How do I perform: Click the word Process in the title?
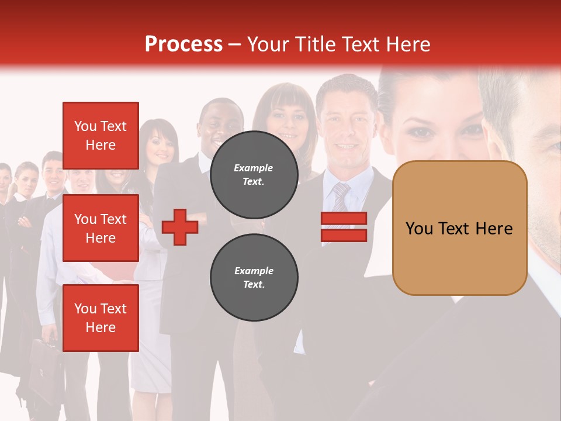[183, 44]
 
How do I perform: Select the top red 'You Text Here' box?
[101, 135]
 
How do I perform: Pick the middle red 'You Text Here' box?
[101, 228]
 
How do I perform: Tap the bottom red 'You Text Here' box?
[101, 318]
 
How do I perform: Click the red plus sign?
[180, 227]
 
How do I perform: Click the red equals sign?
[344, 227]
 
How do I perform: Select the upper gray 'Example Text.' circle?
[254, 174]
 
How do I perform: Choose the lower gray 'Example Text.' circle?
[254, 277]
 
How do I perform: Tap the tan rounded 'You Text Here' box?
[459, 228]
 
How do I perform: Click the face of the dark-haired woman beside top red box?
[158, 146]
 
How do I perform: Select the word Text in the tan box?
[458, 229]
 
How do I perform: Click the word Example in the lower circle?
[254, 271]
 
